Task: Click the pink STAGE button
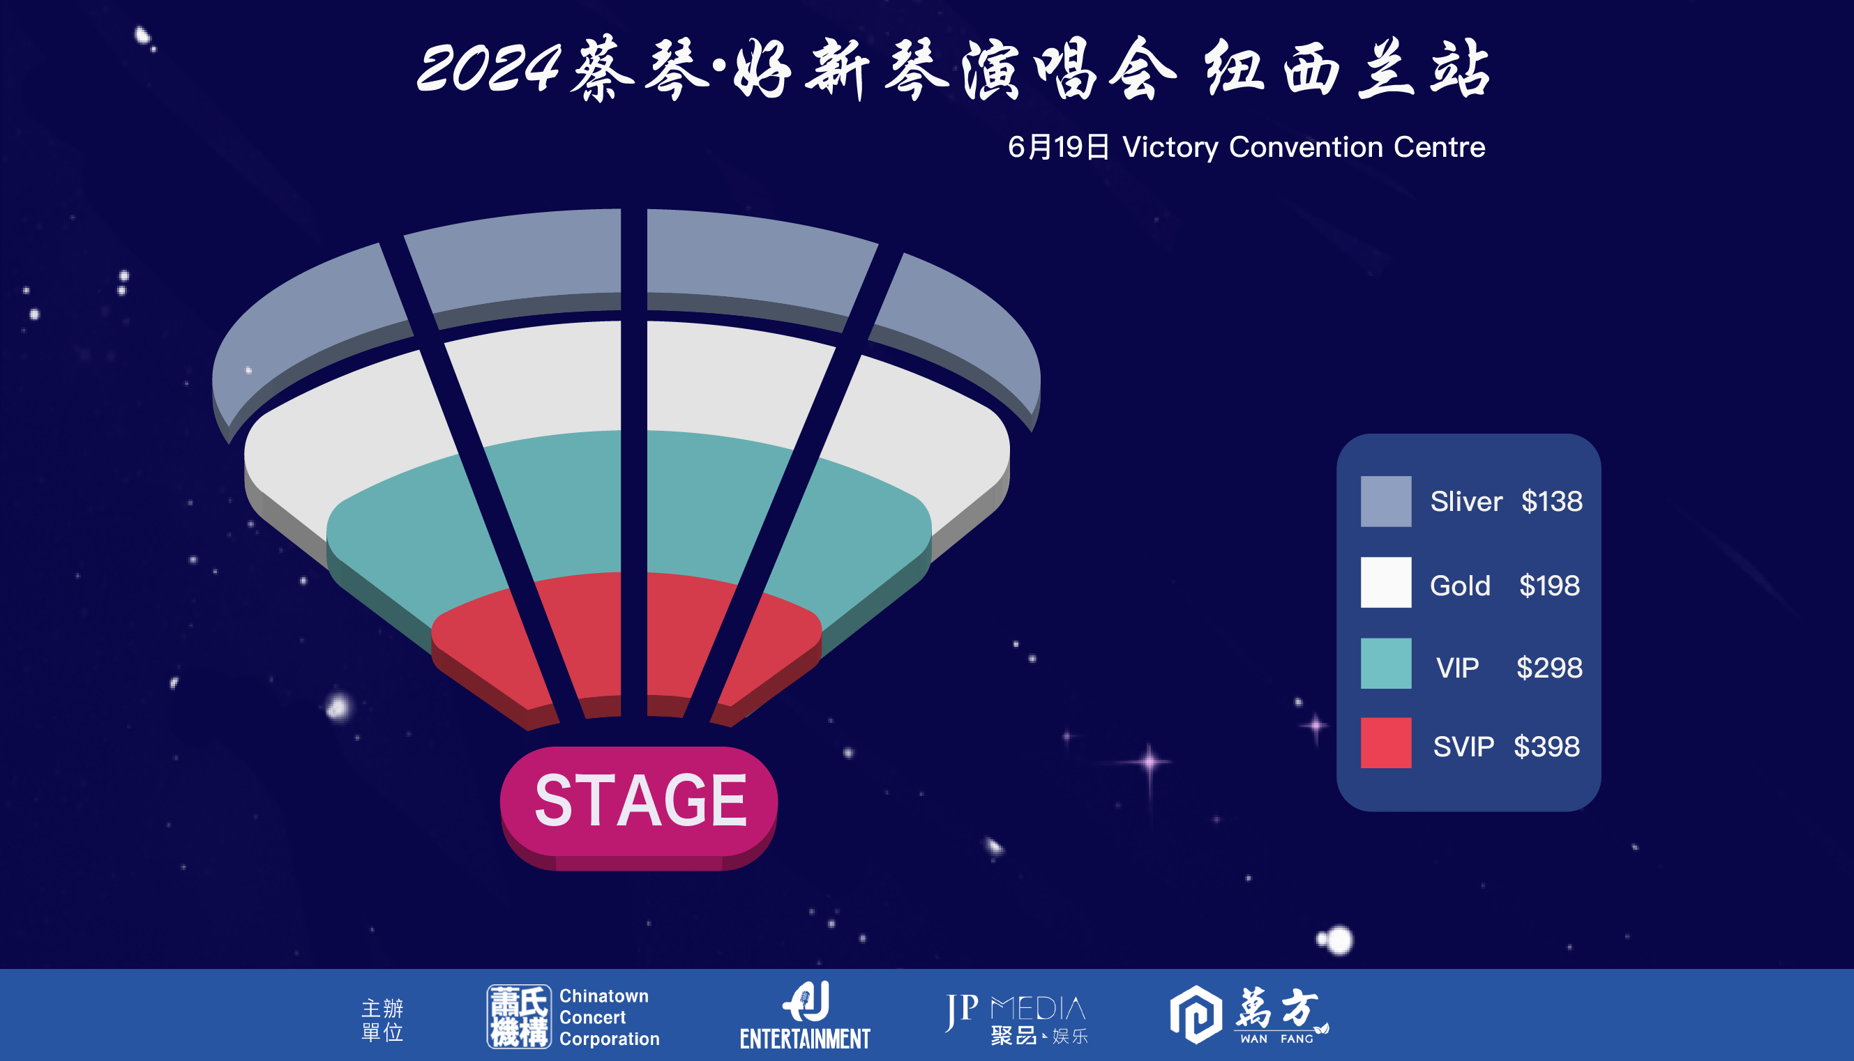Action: [x=639, y=807]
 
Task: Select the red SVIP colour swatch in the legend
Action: [x=1386, y=742]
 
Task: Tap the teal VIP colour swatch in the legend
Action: [x=1386, y=663]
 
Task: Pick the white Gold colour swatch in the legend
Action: [x=1386, y=582]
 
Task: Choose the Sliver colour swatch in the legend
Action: [x=1386, y=501]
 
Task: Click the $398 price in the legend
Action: [x=1547, y=746]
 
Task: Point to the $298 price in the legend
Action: [x=1549, y=668]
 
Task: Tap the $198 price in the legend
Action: [x=1549, y=585]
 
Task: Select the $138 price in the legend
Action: [x=1551, y=501]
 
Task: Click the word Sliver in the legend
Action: [x=1466, y=501]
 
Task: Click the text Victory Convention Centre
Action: [x=1304, y=147]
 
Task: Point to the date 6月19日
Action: [x=1059, y=147]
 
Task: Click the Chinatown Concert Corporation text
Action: [x=610, y=1017]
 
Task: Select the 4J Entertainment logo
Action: [x=805, y=1015]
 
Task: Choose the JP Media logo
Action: [x=1016, y=1018]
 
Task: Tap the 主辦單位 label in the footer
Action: [x=382, y=1020]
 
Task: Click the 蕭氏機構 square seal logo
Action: [x=519, y=1016]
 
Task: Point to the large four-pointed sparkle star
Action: [x=1150, y=762]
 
